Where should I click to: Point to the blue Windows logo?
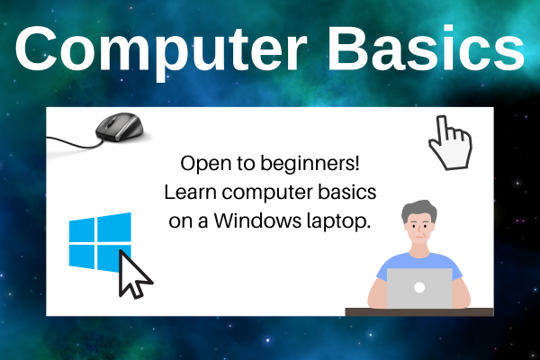100,240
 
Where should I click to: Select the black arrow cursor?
136,274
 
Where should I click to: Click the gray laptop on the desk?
419,288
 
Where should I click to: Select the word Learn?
189,193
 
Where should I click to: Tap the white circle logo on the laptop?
419,289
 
